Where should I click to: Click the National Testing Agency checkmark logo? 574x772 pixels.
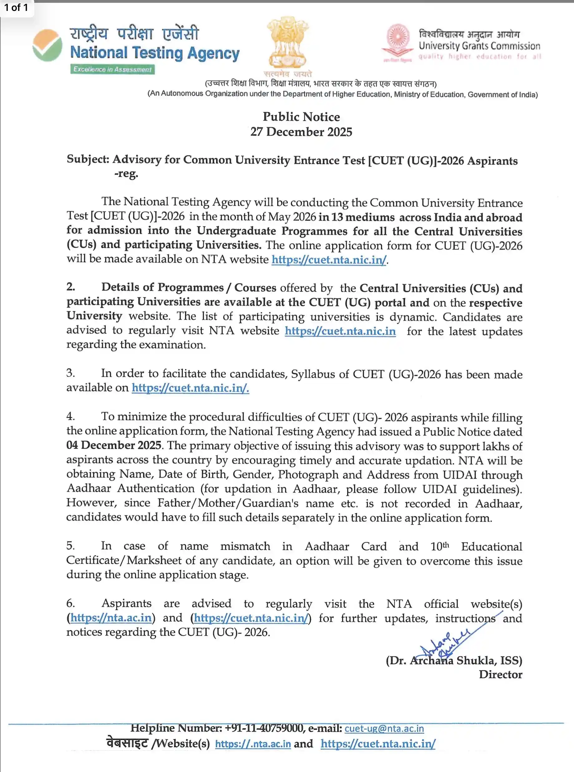click(47, 46)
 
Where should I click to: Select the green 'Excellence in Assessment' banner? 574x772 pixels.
click(112, 70)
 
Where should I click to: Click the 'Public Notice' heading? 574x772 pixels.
click(301, 117)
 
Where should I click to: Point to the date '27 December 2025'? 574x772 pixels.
click(301, 132)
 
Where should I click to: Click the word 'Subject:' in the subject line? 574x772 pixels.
click(88, 159)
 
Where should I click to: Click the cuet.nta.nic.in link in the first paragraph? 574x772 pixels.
click(329, 260)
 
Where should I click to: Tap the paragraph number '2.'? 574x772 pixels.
click(71, 287)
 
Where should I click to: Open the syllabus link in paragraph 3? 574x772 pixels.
click(190, 388)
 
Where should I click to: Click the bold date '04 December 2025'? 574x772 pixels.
click(114, 445)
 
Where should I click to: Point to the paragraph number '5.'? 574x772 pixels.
click(71, 546)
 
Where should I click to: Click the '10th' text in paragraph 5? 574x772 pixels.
click(440, 546)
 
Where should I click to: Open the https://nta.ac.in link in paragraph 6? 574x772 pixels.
click(111, 618)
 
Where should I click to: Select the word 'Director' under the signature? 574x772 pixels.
click(500, 674)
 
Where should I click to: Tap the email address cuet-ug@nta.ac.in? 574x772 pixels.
click(384, 729)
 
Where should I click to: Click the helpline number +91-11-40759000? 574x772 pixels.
click(264, 728)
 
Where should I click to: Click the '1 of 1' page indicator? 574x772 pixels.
click(16, 7)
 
